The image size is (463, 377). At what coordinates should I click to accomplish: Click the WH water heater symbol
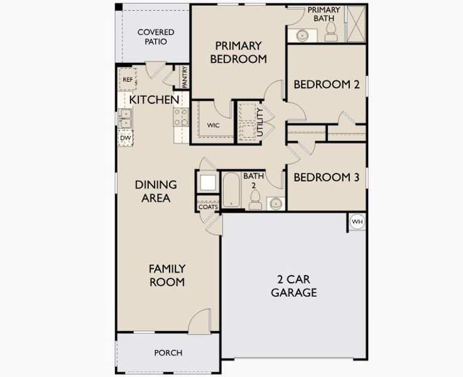(x=357, y=222)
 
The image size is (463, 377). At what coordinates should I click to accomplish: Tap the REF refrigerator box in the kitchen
(x=127, y=80)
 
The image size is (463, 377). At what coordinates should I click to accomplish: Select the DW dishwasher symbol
(x=125, y=138)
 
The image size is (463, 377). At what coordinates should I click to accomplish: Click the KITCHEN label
(x=155, y=99)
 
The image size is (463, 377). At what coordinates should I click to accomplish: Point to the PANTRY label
(x=185, y=77)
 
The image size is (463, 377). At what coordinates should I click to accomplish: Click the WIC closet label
(x=214, y=125)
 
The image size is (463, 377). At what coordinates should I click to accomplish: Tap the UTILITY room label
(x=259, y=121)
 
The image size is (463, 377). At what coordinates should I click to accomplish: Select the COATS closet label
(x=207, y=207)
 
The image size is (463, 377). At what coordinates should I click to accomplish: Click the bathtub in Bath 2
(x=232, y=190)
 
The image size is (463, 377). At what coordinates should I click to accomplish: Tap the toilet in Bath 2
(x=255, y=199)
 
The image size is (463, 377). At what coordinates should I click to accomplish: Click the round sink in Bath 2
(x=275, y=203)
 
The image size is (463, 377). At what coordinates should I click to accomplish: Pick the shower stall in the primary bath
(x=356, y=23)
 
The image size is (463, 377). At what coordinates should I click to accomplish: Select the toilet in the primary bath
(x=332, y=33)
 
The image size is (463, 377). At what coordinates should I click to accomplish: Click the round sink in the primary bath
(x=302, y=35)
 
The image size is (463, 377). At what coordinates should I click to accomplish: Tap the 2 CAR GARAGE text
(x=293, y=285)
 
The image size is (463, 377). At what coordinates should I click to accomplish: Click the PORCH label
(x=168, y=352)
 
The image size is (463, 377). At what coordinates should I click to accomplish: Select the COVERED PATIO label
(x=155, y=36)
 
